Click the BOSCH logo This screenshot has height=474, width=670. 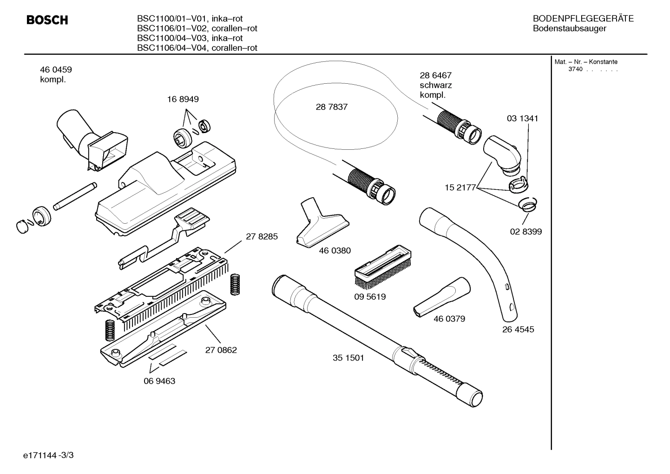pos(47,20)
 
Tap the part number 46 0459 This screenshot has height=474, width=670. pos(56,70)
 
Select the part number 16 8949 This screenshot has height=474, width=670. pos(183,99)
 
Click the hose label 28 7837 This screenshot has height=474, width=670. pos(331,107)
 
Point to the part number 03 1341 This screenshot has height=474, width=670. pos(522,119)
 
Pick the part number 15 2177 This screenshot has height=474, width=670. pos(460,187)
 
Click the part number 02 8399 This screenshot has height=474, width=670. pos(525,232)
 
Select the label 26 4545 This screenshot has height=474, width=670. pos(518,329)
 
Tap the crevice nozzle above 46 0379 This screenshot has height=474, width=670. pos(442,298)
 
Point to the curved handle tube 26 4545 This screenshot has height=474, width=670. pos(469,260)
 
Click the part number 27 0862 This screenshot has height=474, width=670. pos(221,350)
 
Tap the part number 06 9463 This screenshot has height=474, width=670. pos(159,381)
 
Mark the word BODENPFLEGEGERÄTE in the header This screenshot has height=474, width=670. pos(583,19)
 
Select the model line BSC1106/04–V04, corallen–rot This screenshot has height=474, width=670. pos(197,48)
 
